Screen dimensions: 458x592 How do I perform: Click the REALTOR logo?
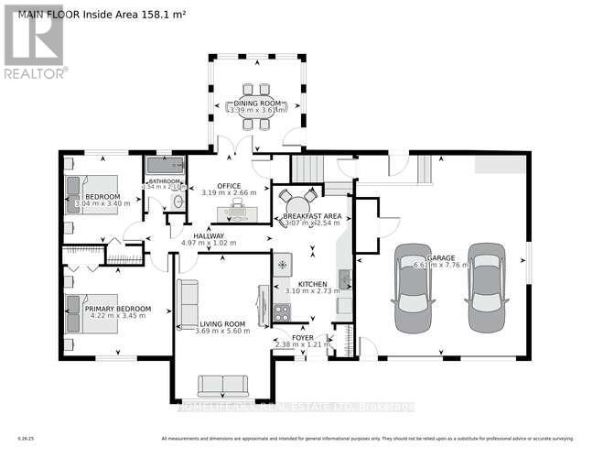point(34,40)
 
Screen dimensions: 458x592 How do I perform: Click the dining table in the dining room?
point(257,105)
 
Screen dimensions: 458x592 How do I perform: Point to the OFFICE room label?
point(229,186)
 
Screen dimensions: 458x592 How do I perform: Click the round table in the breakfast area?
point(297,202)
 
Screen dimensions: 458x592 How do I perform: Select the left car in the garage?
point(412,290)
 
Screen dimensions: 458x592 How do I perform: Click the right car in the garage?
point(484,289)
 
